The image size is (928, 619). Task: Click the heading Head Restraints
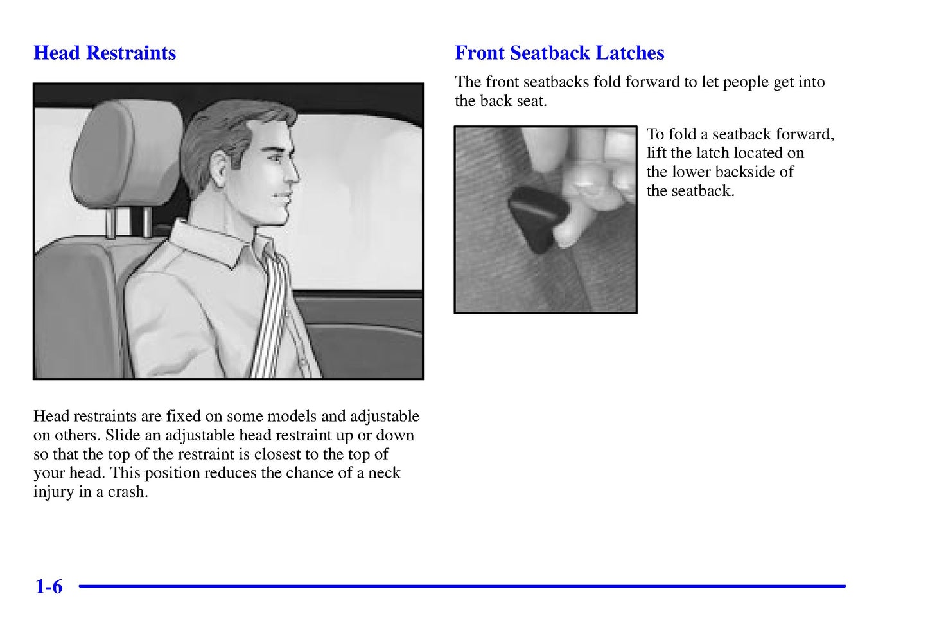point(105,53)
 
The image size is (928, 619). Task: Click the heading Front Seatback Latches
point(559,53)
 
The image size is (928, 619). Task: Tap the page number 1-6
point(49,586)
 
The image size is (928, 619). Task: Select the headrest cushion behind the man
point(127,154)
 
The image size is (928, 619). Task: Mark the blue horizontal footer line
point(462,586)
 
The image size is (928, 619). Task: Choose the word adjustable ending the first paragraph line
point(385,417)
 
